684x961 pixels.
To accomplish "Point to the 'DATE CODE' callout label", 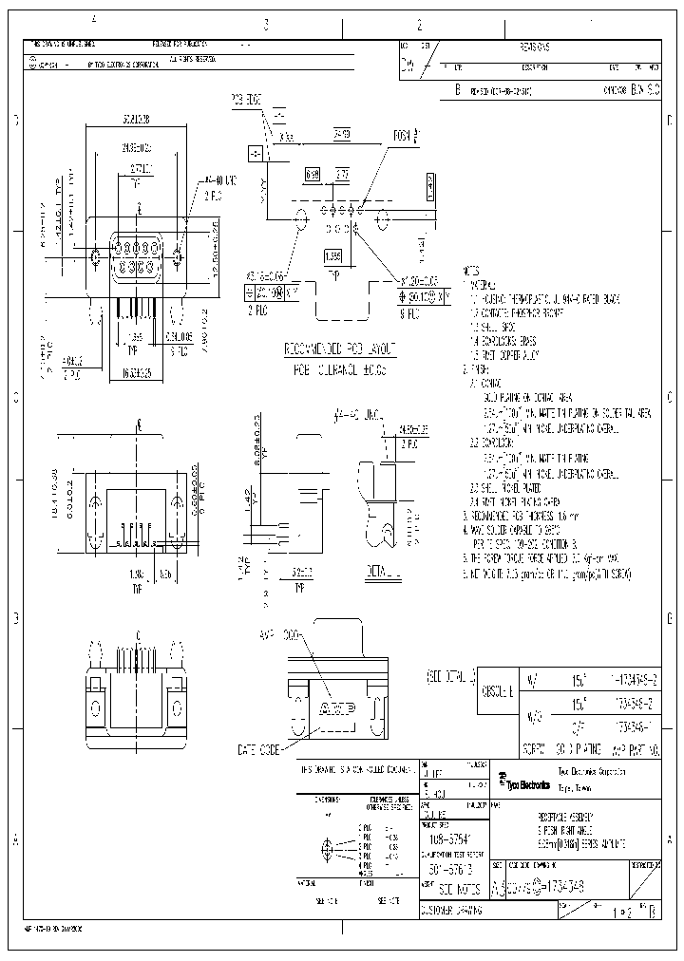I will [x=256, y=749].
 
